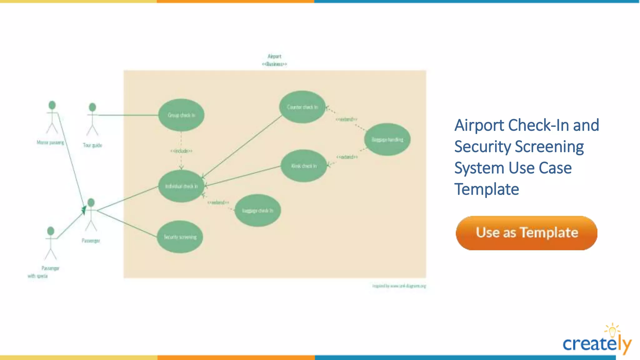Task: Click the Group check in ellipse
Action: pos(181,115)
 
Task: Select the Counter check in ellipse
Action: pos(302,107)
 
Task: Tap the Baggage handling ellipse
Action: pos(387,140)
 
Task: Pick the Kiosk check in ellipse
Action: pos(304,166)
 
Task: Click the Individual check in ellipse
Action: pos(181,186)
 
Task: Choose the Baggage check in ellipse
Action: pos(257,211)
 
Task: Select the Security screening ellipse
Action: pos(180,237)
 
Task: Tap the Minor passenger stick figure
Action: pos(52,117)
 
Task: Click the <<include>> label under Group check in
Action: pos(181,151)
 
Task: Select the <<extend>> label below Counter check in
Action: pos(346,119)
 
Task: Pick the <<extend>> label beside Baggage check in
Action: pos(218,202)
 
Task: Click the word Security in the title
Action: pos(482,147)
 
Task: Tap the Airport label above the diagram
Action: pos(274,57)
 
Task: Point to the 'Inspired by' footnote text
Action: pos(399,286)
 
